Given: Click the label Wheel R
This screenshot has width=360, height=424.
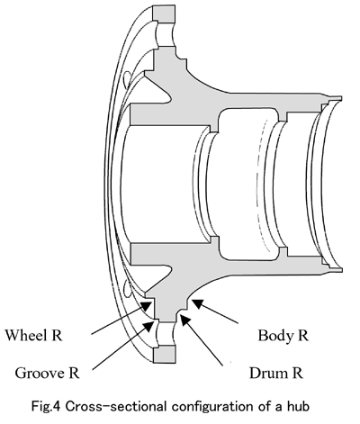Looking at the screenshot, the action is point(33,335).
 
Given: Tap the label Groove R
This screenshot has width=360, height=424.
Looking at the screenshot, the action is point(47,373).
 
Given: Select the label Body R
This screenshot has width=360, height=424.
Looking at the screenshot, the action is point(283,336).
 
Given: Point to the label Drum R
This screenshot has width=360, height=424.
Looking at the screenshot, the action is point(276,373).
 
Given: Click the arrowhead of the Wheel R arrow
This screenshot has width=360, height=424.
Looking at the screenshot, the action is point(147,307).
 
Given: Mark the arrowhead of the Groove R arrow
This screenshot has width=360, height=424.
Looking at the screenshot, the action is point(148,325).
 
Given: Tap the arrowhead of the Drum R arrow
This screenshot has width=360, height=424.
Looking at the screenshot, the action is point(184,320).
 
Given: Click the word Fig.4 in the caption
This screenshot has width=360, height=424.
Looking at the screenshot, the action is point(46,407).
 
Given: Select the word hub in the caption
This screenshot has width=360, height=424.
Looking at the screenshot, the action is point(297,407).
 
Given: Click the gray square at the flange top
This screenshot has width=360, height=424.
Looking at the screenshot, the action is point(164,13).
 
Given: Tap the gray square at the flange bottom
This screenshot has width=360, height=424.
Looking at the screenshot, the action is point(164,354).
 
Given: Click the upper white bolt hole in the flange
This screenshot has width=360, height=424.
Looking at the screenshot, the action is point(165,33).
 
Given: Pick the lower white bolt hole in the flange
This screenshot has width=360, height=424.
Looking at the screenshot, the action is point(165,334).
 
